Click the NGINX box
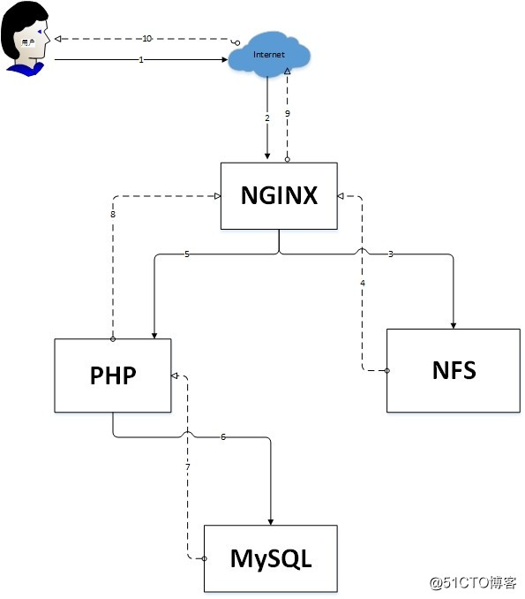coord(279,196)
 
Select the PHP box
coord(113,375)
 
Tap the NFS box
coord(454,370)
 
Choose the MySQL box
coord(271,558)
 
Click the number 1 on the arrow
coord(141,59)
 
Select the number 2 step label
coord(267,118)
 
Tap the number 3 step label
coord(391,254)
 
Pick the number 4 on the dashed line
coord(362,283)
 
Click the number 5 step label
coord(187,254)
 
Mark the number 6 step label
coord(223,436)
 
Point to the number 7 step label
coord(188,466)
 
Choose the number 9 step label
coord(287,114)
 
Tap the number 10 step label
coord(147,39)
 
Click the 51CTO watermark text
coord(473,583)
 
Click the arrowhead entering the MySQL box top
coord(271,520)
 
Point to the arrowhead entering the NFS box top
coord(454,324)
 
